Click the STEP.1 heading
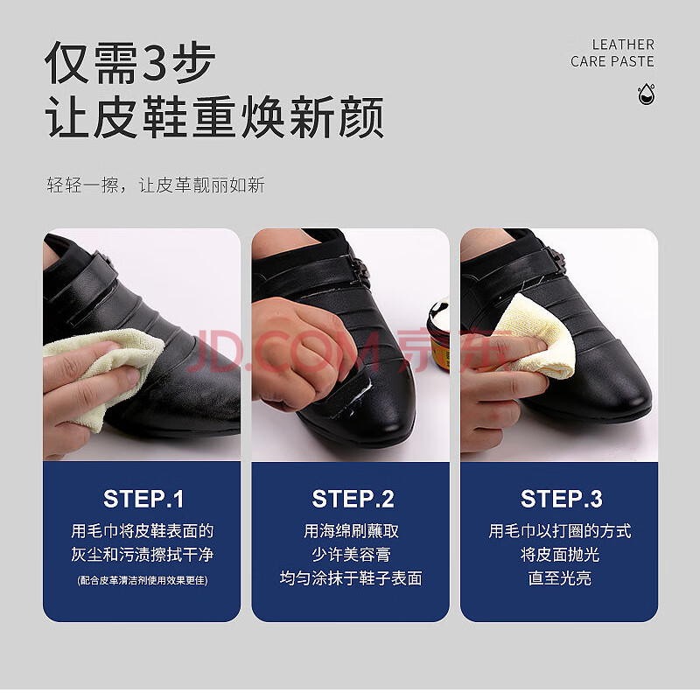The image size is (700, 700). coord(143,499)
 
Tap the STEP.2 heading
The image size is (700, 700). coord(353,499)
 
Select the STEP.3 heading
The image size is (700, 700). coord(561,499)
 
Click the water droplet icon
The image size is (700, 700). coord(646,94)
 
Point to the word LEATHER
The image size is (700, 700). coord(623,45)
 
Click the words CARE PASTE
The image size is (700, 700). coord(612,61)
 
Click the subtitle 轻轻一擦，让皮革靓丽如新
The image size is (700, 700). coord(156,185)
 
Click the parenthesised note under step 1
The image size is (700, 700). coord(143,580)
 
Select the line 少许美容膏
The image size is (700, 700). coord(352,555)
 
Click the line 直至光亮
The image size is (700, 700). coord(560,578)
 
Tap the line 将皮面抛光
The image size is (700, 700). coord(560,555)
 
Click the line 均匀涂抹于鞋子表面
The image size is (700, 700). coord(352,578)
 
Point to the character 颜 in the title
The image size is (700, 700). coord(361,117)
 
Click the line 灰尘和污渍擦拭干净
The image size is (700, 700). coord(143,555)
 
